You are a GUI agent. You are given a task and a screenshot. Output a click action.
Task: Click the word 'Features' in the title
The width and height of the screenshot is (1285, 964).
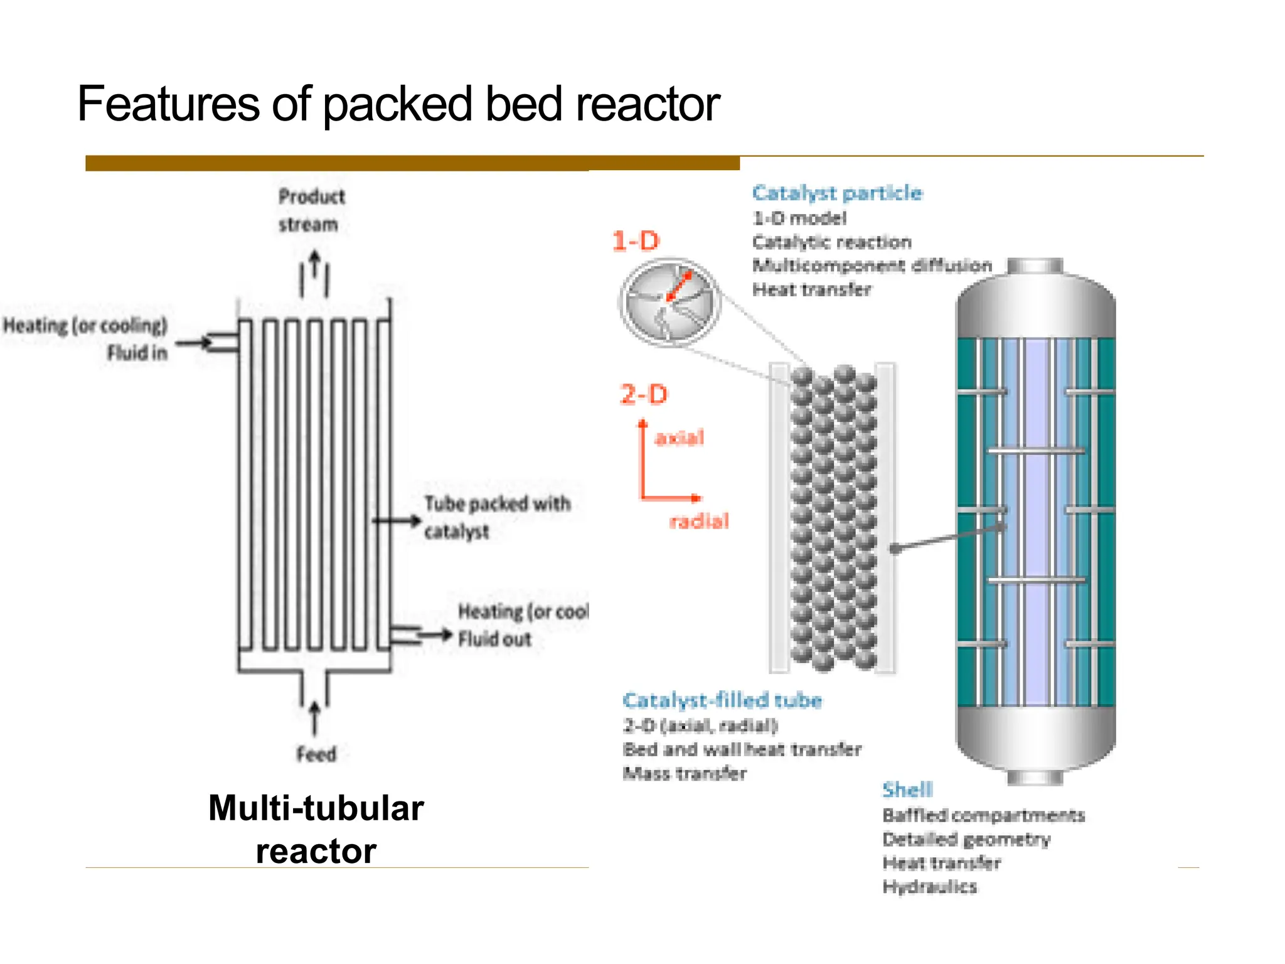click(x=168, y=104)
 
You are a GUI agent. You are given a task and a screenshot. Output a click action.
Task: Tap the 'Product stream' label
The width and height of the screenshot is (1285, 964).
click(x=311, y=210)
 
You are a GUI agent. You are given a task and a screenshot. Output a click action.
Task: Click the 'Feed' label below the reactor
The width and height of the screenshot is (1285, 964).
click(x=316, y=754)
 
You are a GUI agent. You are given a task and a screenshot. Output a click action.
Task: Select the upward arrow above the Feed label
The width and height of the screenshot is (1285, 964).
click(x=315, y=717)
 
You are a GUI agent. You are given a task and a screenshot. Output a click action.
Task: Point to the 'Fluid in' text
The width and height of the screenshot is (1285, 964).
click(x=137, y=353)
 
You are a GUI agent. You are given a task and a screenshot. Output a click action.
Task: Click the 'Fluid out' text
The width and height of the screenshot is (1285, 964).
click(x=494, y=639)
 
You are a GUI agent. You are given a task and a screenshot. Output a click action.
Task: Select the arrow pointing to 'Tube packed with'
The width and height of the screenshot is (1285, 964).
click(x=397, y=520)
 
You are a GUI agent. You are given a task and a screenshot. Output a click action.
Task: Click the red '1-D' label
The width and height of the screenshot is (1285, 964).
click(x=636, y=242)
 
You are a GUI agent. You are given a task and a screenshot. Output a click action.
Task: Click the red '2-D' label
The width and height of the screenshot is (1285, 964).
click(x=644, y=395)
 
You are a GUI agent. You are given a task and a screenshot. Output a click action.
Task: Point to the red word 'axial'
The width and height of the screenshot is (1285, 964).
click(x=679, y=437)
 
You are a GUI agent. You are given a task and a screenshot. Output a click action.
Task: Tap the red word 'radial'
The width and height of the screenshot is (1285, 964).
click(x=699, y=521)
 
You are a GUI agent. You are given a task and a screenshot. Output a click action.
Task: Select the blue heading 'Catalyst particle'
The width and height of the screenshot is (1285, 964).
click(x=837, y=193)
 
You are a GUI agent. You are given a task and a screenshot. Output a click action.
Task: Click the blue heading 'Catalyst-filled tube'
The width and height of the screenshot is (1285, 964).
click(x=722, y=700)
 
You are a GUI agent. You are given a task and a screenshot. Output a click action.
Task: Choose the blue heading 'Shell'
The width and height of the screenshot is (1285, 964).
click(x=907, y=790)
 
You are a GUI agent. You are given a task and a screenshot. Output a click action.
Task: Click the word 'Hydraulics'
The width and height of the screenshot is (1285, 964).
click(x=929, y=887)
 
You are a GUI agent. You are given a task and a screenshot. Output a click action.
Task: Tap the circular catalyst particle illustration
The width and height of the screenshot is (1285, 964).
click(x=669, y=302)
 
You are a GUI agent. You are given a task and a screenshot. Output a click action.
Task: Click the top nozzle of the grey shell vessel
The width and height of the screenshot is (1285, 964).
click(x=1035, y=265)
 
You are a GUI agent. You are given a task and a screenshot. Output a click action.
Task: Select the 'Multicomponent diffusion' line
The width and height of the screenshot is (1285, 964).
click(x=872, y=265)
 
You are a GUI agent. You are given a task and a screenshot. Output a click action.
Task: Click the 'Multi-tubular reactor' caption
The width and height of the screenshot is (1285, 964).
click(x=316, y=829)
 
